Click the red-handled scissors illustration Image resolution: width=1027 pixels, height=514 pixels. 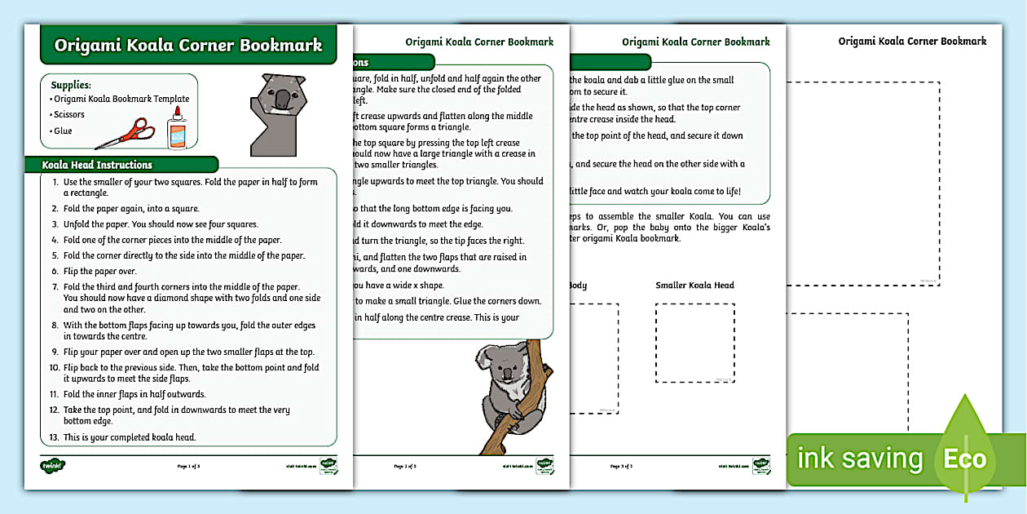click(x=126, y=134)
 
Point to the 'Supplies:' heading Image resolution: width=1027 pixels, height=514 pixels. click(x=71, y=85)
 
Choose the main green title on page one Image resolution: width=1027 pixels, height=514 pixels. click(x=188, y=46)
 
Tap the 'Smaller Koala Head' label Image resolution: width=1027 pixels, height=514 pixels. click(x=694, y=286)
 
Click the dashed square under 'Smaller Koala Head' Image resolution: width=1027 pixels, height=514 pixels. click(x=695, y=343)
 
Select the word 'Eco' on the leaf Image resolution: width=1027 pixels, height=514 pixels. click(x=965, y=459)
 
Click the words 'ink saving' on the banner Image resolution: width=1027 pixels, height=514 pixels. click(x=860, y=459)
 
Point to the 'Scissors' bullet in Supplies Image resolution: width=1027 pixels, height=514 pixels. click(x=69, y=114)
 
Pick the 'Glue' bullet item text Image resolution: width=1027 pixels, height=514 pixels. click(x=63, y=131)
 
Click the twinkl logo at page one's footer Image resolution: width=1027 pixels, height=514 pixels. click(x=52, y=466)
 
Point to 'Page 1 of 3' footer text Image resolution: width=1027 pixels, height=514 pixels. click(x=188, y=467)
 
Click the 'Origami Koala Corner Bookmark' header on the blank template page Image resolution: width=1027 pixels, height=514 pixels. click(x=912, y=41)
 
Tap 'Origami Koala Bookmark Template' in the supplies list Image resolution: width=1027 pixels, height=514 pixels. click(x=121, y=99)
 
